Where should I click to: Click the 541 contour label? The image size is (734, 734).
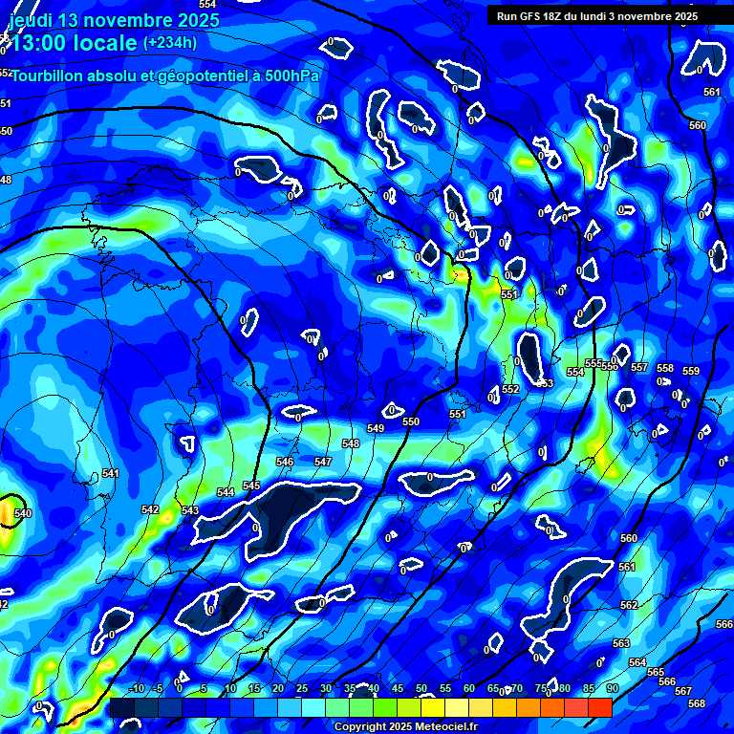(110, 474)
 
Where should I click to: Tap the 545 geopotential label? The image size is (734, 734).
(251, 486)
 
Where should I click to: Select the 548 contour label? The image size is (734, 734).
(351, 444)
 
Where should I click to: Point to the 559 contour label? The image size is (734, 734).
(691, 372)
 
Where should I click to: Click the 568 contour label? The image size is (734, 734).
(697, 703)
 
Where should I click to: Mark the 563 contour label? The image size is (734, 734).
(621, 644)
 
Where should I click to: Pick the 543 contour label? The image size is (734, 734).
(190, 511)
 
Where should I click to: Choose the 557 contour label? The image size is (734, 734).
(639, 368)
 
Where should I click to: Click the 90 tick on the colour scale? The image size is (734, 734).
(612, 689)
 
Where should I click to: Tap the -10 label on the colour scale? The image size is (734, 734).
(136, 689)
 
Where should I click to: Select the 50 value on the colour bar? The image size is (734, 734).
(421, 689)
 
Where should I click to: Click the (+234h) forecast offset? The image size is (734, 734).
(170, 42)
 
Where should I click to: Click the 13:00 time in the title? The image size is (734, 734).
(42, 43)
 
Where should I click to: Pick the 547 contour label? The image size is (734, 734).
(323, 462)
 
